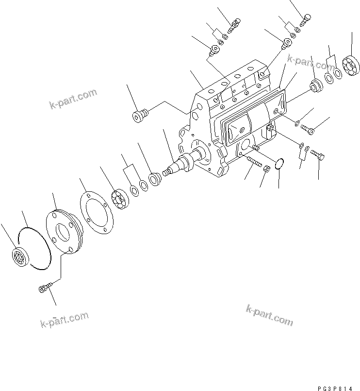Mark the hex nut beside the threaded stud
click(266, 169)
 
